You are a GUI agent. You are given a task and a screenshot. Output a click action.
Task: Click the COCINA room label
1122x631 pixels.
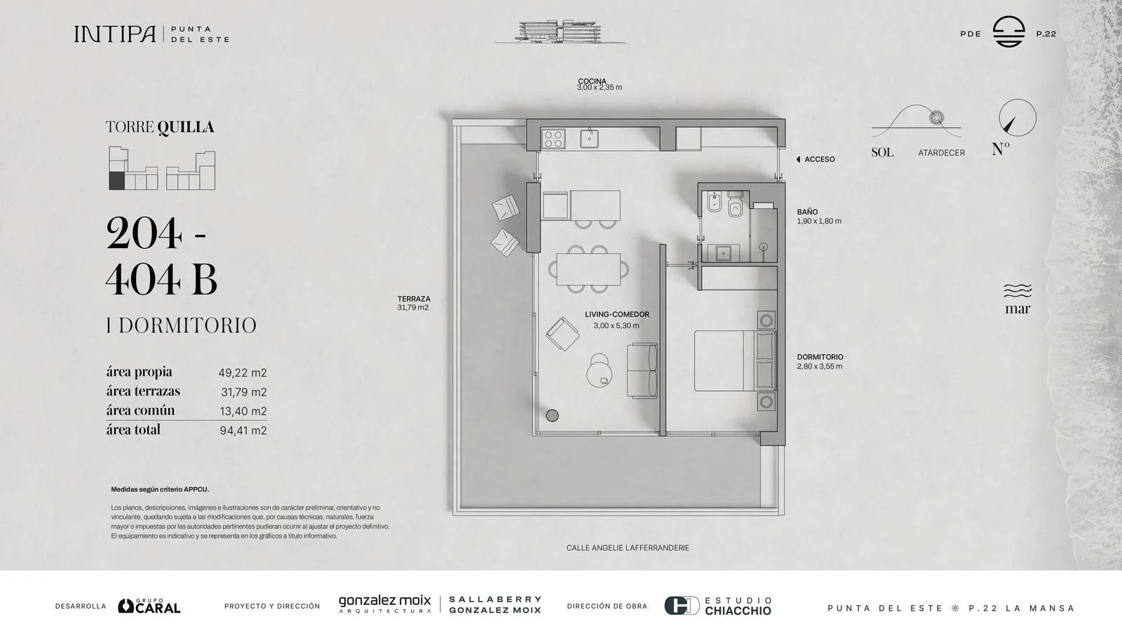pos(592,81)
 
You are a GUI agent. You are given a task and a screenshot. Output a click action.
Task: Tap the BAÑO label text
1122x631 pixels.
pos(807,212)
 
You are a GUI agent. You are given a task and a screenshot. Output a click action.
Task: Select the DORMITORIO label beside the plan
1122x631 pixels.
pos(820,357)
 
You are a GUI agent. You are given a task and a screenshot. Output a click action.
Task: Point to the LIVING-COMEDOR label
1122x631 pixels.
pos(616,314)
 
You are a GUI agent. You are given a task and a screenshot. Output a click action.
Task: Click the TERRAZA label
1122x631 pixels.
pos(414,299)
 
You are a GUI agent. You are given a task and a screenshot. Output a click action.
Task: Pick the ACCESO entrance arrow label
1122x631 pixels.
pos(816,159)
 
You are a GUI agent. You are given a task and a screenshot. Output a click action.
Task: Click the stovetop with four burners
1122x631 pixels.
pos(553,139)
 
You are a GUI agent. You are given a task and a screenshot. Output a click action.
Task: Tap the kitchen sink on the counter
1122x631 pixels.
pos(590,138)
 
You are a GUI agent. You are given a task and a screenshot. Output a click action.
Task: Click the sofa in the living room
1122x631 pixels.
pos(642,371)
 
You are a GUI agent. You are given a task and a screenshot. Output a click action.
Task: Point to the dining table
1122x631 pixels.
pos(588,269)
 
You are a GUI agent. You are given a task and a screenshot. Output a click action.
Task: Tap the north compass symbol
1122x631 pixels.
pos(1018,118)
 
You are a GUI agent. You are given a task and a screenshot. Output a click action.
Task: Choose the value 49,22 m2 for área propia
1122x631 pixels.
pos(243,372)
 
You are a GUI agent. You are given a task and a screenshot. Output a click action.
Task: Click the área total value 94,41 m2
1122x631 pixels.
pos(243,430)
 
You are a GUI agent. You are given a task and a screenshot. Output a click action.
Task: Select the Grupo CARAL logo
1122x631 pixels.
pos(149,606)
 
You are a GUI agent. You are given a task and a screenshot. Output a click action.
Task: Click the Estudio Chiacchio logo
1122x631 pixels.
pos(718,606)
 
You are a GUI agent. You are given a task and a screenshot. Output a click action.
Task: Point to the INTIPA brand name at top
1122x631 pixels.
pos(115,34)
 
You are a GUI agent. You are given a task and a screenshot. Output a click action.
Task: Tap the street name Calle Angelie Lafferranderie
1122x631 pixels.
pos(628,548)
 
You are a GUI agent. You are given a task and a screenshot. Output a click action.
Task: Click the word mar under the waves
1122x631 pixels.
pos(1018,309)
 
